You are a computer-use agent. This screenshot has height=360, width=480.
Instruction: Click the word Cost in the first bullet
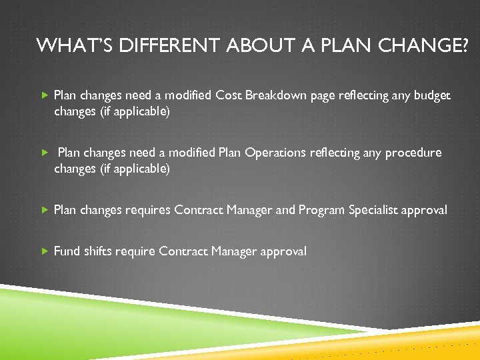pos(229,95)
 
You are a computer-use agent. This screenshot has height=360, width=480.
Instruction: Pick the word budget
pos(432,95)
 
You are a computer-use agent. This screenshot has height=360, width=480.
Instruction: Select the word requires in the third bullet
pos(147,210)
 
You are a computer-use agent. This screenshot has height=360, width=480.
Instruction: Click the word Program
pos(322,210)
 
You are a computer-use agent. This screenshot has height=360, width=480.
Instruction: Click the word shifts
pos(97,251)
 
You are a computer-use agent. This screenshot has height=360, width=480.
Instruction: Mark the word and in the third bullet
pos(285,210)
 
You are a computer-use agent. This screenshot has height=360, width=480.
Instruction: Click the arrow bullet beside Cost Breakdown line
pos(45,95)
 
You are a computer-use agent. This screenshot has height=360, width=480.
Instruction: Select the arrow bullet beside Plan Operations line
pos(45,153)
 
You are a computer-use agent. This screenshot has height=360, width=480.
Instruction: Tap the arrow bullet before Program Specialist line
pos(45,210)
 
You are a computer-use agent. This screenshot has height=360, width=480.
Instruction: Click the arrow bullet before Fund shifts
pos(45,251)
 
